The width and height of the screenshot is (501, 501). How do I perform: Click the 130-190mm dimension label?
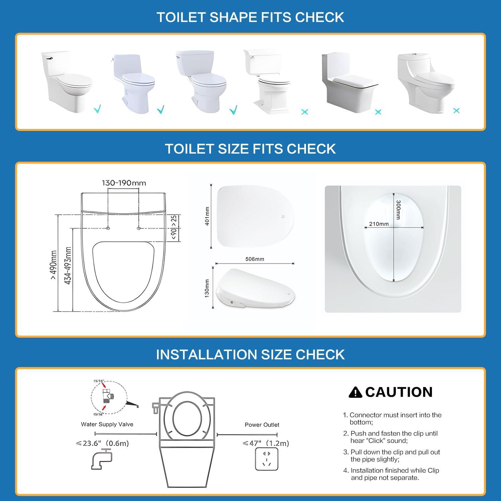(124, 183)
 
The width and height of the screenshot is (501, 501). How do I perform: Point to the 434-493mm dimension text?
(68, 266)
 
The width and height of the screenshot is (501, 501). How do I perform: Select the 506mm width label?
(255, 259)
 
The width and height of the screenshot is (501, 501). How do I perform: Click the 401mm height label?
(207, 216)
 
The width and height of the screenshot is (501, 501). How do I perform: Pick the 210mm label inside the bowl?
(379, 224)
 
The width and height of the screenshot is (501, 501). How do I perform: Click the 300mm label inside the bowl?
(398, 210)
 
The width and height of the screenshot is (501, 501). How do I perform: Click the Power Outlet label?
(262, 425)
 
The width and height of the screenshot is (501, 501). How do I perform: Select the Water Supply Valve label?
(107, 425)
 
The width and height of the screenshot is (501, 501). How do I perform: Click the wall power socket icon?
(266, 459)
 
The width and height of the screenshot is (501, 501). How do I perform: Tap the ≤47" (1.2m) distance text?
(266, 444)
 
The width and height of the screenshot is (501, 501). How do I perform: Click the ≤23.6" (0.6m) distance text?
(102, 444)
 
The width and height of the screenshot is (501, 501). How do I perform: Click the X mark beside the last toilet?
(456, 110)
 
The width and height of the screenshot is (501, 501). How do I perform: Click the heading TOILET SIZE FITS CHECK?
(250, 149)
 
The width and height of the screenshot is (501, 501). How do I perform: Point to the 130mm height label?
(207, 288)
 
